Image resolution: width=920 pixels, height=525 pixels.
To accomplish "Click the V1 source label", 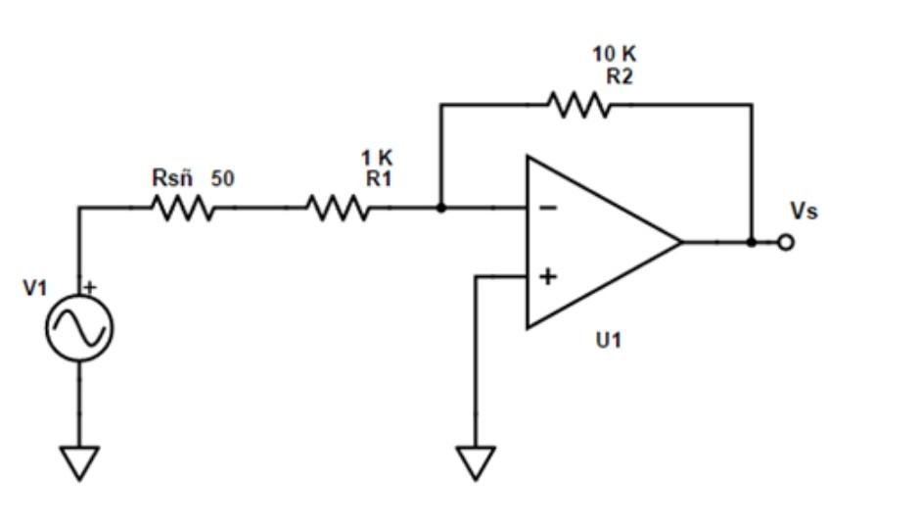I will tap(34, 289).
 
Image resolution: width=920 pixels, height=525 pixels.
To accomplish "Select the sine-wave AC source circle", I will tap(79, 330).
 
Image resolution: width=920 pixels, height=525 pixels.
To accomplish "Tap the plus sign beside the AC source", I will tap(92, 288).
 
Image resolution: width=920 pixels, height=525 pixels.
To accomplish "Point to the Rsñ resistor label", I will tap(172, 178).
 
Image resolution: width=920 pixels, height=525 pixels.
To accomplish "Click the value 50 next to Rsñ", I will tap(223, 178).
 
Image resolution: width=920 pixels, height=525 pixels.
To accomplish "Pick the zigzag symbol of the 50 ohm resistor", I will tap(181, 208).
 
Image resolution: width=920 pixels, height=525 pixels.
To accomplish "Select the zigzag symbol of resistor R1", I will tap(338, 208).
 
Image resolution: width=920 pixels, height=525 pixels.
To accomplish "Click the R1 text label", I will tap(378, 175).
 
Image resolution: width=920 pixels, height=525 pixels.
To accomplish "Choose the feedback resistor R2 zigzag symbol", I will tap(579, 104).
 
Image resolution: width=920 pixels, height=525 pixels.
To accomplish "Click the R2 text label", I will tap(619, 76).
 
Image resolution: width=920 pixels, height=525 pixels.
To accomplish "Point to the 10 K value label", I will tap(615, 55).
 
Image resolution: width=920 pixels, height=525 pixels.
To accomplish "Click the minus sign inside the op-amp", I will tap(548, 208).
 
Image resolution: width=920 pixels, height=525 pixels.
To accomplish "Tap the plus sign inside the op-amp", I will tap(548, 277).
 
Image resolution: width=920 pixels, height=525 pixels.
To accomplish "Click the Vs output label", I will tap(804, 212).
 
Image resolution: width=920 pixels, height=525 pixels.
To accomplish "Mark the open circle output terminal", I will tap(785, 242).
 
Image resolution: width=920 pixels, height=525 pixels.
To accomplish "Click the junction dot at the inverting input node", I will tap(441, 208).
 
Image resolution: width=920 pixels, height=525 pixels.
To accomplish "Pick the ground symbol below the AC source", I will tap(79, 461).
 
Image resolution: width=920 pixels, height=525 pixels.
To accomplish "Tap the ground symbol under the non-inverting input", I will tap(476, 461).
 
